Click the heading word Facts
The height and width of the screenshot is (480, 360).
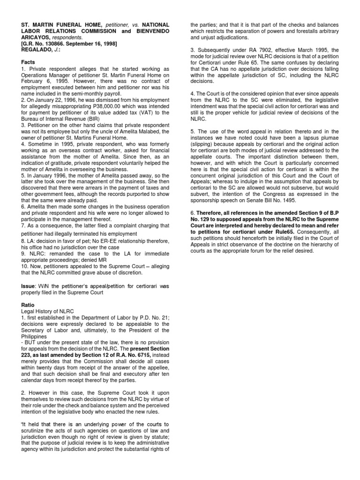click(29, 62)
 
